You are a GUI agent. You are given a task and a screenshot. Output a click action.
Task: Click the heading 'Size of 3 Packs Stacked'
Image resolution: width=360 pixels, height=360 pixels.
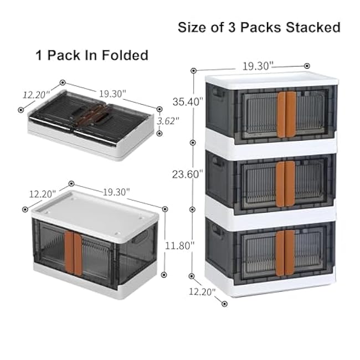(259, 27)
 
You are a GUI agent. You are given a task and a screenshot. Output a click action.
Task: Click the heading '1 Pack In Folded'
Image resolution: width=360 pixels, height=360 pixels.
(92, 55)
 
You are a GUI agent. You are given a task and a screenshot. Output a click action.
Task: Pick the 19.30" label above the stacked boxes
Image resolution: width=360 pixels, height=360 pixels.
(258, 65)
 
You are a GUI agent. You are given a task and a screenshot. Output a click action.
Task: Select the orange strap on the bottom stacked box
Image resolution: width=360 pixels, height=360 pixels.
(286, 251)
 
